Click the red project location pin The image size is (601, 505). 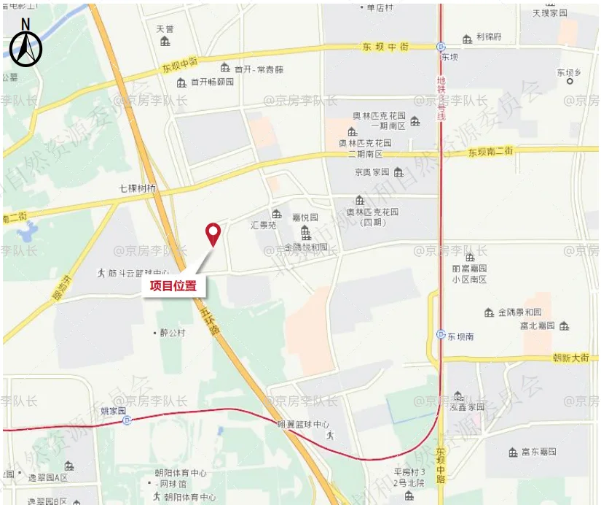(x=213, y=233)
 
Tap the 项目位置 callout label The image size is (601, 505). (x=173, y=285)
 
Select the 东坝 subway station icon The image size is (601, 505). (x=441, y=45)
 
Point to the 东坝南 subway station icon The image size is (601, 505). (x=441, y=335)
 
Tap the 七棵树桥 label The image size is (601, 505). (x=138, y=188)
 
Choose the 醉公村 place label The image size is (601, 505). (x=172, y=333)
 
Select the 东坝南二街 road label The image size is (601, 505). (x=491, y=152)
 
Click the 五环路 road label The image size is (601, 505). (x=208, y=321)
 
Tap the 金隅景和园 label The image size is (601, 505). (x=519, y=312)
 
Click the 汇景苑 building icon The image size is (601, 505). (x=277, y=214)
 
